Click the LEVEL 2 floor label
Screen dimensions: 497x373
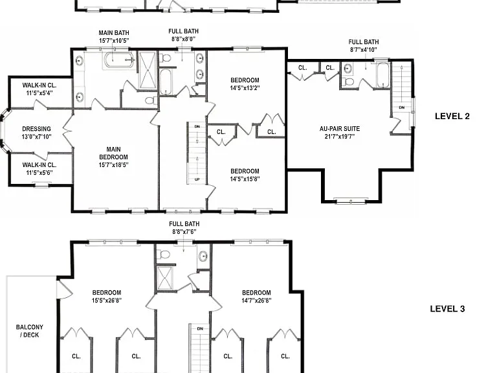[x=452, y=116]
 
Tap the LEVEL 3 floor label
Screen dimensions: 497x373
[x=447, y=309]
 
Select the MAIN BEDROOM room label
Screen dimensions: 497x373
[x=113, y=153]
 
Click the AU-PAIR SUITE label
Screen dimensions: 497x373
[x=340, y=129]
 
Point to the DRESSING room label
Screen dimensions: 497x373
[x=36, y=129]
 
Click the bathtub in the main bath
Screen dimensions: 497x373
[x=119, y=60]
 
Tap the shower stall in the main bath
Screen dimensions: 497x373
[x=148, y=70]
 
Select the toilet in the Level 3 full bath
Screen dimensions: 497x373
[x=164, y=254]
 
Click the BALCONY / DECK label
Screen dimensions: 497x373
[x=30, y=331]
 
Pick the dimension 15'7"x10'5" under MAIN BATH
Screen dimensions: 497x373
[x=114, y=41]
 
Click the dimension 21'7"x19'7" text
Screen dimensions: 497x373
[x=340, y=137]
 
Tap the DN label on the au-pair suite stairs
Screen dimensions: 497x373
[x=402, y=107]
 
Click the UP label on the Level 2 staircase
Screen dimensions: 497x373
[x=197, y=179]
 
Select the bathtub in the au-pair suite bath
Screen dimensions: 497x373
[x=383, y=75]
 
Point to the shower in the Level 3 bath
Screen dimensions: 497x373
[x=165, y=279]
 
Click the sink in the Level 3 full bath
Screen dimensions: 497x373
[x=203, y=256]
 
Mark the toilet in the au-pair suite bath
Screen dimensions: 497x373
[x=349, y=82]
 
